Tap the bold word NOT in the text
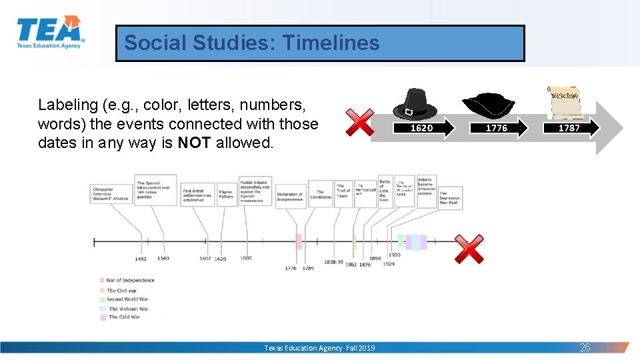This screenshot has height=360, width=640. pyautogui.click(x=194, y=143)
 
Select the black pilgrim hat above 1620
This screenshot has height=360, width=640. pyautogui.click(x=415, y=104)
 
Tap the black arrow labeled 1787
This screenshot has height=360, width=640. pyautogui.click(x=571, y=128)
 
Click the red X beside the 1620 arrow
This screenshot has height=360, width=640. pyautogui.click(x=360, y=123)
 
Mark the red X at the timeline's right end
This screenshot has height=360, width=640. pyautogui.click(x=469, y=248)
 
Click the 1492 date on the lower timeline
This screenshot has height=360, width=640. pyautogui.click(x=140, y=259)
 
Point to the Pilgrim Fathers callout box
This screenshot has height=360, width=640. pyautogui.click(x=227, y=193)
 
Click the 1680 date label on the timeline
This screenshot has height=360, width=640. pyautogui.click(x=246, y=258)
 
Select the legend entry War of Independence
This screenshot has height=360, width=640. pyautogui.click(x=130, y=281)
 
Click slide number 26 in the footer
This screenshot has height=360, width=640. pyautogui.click(x=585, y=347)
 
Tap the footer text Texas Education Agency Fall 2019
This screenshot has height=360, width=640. pyautogui.click(x=319, y=348)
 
